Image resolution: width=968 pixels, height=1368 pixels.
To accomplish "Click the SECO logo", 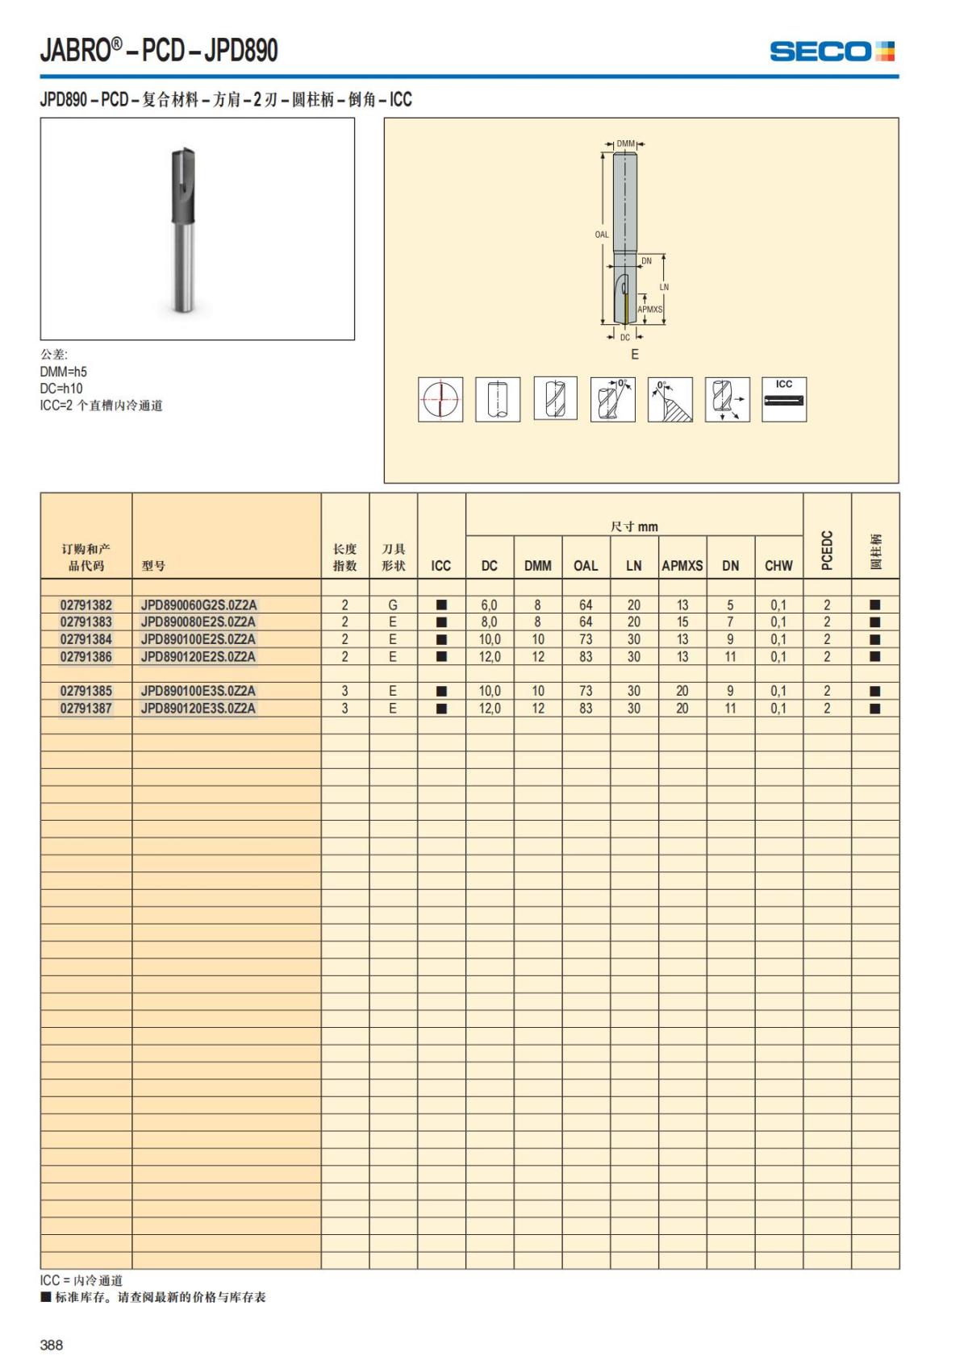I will (x=832, y=52).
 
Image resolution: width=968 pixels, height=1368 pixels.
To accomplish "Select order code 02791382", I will (x=86, y=605).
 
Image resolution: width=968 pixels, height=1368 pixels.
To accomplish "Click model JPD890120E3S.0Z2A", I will (x=198, y=709).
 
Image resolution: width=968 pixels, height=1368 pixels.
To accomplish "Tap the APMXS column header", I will (x=682, y=566).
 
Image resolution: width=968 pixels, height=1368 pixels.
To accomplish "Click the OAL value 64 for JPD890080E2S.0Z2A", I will (x=586, y=622).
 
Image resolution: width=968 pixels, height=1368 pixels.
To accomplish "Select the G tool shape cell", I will (x=393, y=605).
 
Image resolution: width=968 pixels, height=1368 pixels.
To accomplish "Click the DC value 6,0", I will (x=489, y=605).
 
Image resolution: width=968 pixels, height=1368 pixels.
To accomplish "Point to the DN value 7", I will (x=730, y=622).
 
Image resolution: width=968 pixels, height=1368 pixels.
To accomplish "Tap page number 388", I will (x=52, y=1345).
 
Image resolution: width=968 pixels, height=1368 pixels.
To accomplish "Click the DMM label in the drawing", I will (x=625, y=143).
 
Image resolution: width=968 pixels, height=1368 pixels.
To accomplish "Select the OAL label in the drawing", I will (x=602, y=235).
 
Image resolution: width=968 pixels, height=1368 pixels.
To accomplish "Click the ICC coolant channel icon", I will (x=784, y=399).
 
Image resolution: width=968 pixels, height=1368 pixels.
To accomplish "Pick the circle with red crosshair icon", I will (x=440, y=399).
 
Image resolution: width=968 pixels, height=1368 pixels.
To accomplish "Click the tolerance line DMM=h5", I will (x=64, y=372).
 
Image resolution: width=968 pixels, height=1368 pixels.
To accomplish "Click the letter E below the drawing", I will (x=635, y=355).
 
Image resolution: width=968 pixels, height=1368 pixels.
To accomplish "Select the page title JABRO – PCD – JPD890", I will (x=159, y=51).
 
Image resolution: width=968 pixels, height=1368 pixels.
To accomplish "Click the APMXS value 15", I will (x=682, y=622).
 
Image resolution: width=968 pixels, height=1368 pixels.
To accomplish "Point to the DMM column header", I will (x=537, y=566).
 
